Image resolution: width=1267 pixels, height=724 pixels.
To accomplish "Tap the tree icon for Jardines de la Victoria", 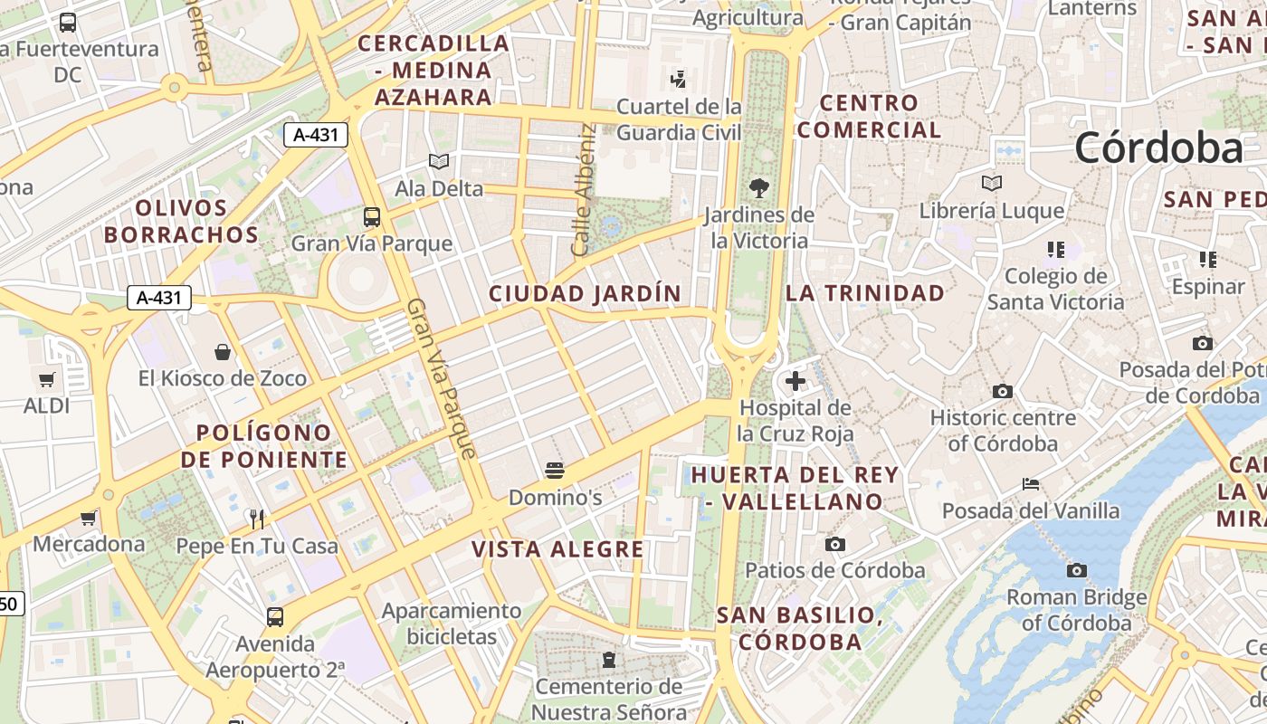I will point(759,188).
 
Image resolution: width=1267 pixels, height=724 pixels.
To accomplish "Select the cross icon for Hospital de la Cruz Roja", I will point(795,381).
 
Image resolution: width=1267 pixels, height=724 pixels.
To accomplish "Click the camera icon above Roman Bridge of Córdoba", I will point(1077,570).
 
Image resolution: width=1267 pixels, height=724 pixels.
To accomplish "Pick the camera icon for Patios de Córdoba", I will point(835,544).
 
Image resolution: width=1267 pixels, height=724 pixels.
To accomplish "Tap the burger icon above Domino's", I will point(555,471).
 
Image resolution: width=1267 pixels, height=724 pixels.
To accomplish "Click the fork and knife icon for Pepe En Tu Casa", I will point(257,519).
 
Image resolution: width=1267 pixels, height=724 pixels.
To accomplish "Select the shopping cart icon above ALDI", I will point(47,380).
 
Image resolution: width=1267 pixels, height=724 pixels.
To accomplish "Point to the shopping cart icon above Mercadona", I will point(89,518).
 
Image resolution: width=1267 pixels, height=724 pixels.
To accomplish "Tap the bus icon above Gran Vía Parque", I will point(372,216).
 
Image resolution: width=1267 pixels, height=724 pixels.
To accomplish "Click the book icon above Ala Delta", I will point(439,162).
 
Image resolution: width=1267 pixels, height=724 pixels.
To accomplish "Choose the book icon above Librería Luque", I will point(992,183).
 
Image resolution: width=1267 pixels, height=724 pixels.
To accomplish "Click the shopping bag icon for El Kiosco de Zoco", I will point(223,351).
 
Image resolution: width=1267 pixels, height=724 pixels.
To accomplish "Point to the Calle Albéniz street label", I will point(584,189).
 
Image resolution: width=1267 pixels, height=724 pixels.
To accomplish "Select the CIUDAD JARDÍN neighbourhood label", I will point(585,293).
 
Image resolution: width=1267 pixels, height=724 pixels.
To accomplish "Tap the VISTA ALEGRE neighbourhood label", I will point(557,549).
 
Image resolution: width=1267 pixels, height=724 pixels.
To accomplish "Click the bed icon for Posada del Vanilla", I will point(1031,484).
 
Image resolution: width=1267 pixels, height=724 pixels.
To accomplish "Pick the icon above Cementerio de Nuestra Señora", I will point(609,660).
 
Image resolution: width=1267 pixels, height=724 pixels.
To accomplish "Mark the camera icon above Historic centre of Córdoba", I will point(1003,391).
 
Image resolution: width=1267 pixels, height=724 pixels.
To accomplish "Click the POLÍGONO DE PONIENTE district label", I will point(263,446).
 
